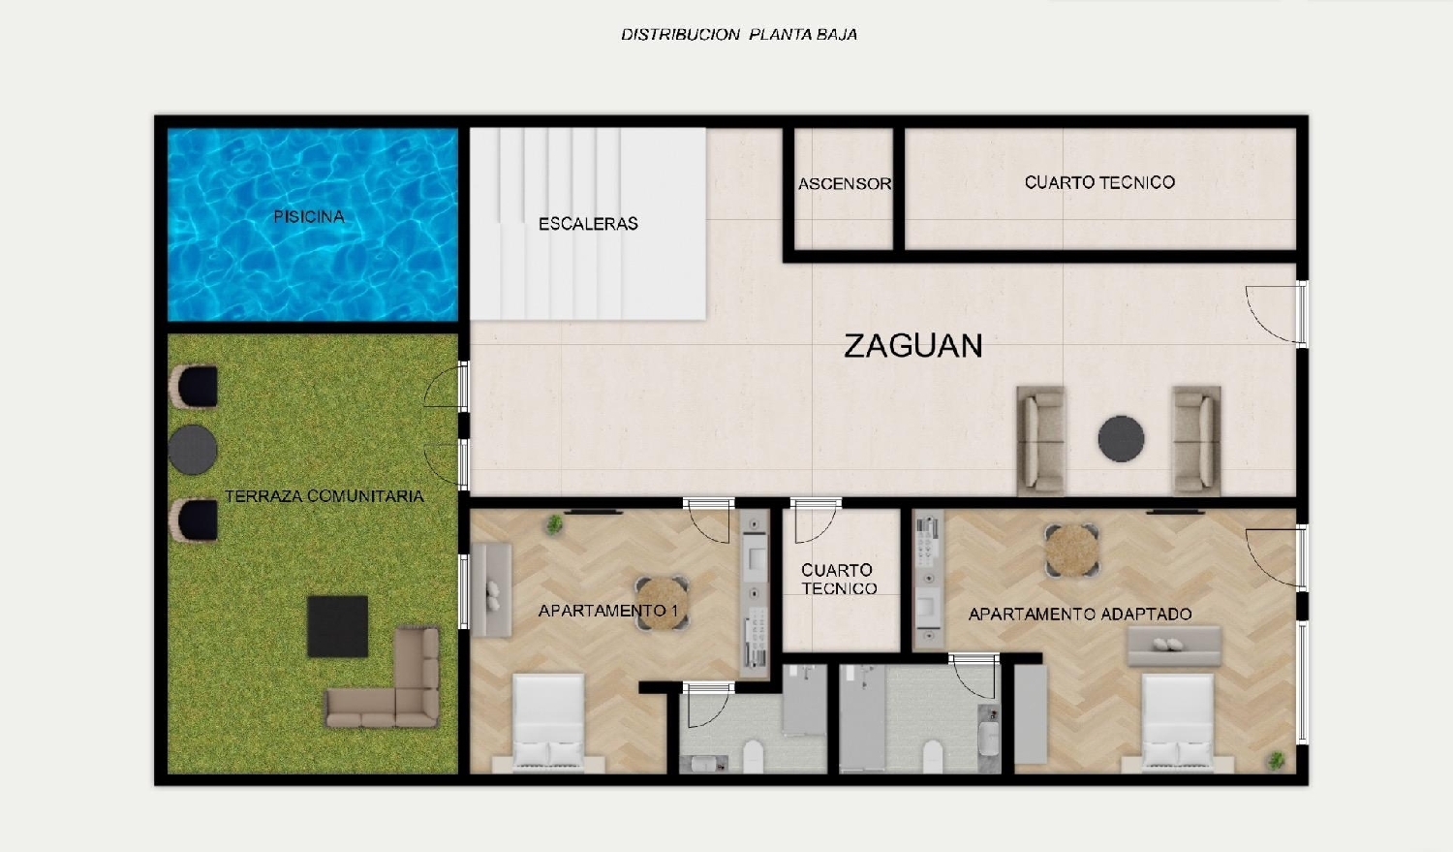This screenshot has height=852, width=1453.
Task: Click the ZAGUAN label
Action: point(912,346)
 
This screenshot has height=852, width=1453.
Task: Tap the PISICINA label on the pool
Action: point(308,216)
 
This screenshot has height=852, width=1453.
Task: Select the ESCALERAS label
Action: point(588,224)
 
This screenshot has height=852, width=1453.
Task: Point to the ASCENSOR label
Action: point(844,184)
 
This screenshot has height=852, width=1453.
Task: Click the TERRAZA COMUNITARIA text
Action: point(325,496)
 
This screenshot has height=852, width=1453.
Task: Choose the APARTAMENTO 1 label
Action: point(607,611)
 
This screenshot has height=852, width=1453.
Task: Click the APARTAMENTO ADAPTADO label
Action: point(1079,614)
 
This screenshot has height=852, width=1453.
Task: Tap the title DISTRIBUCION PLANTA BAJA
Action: point(738,35)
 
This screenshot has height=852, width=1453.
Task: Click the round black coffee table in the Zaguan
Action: point(1121,439)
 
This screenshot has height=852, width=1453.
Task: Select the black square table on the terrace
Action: point(338,626)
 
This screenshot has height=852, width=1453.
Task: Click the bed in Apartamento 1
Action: point(548,722)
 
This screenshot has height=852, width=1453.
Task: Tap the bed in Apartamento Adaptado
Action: point(1177,722)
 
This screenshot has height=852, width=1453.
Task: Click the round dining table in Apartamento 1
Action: point(662,603)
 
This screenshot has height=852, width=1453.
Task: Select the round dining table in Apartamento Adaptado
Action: point(1072,550)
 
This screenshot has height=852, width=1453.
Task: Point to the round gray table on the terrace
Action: point(193,450)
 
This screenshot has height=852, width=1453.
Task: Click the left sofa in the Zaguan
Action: point(1041,439)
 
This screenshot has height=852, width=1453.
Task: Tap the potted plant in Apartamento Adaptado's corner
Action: point(1277,761)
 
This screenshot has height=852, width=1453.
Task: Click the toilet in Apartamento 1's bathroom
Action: point(752,755)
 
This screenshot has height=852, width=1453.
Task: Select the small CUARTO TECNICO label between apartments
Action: point(839,580)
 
